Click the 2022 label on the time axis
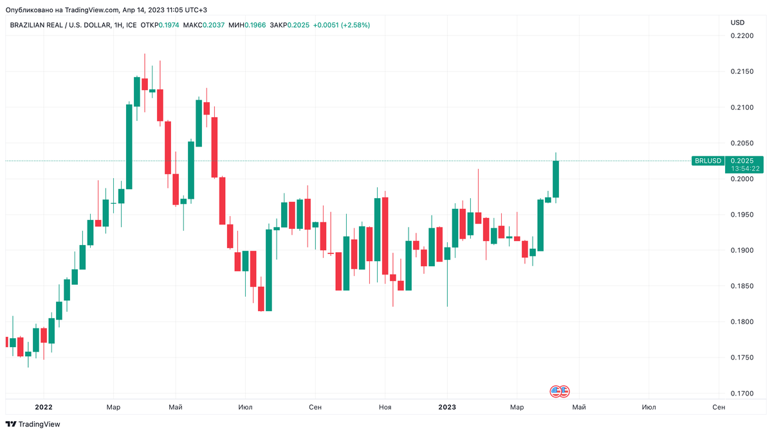click(x=44, y=407)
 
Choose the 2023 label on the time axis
click(x=447, y=407)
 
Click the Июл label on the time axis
click(x=245, y=407)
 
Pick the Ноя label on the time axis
click(x=385, y=407)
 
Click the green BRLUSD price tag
click(x=708, y=161)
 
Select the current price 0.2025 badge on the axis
click(x=743, y=160)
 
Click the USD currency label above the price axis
click(x=737, y=23)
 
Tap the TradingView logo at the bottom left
click(x=33, y=424)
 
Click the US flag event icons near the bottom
click(x=560, y=391)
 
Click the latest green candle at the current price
click(x=556, y=179)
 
